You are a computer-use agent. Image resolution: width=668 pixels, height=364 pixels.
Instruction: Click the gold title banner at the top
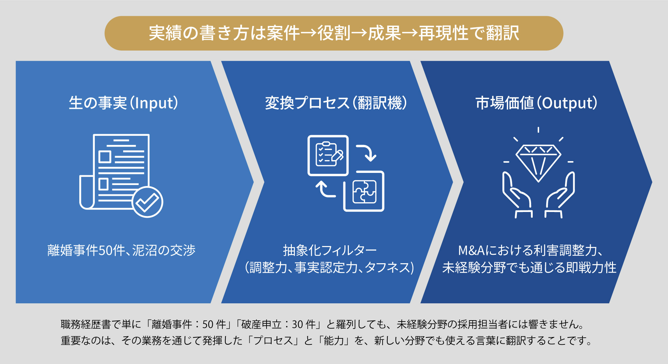(334, 33)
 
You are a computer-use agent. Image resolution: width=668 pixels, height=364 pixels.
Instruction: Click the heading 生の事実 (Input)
(123, 103)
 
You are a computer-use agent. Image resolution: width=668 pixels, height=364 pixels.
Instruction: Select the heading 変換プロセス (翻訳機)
(336, 103)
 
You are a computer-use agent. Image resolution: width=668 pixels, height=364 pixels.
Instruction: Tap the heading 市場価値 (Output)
(536, 103)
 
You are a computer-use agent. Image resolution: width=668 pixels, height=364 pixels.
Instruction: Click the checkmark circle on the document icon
(147, 202)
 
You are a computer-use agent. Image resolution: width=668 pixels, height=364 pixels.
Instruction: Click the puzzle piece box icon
(364, 191)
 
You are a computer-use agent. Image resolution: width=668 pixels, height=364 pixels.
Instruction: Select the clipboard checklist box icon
(328, 155)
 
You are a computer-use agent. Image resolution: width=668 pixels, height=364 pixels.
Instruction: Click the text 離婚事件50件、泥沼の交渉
(121, 250)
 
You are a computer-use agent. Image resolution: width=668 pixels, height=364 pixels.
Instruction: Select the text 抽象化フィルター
(330, 250)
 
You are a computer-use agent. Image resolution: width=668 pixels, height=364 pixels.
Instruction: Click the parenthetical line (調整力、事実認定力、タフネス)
(330, 268)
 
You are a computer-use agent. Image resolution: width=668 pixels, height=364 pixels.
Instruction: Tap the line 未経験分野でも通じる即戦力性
(529, 268)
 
